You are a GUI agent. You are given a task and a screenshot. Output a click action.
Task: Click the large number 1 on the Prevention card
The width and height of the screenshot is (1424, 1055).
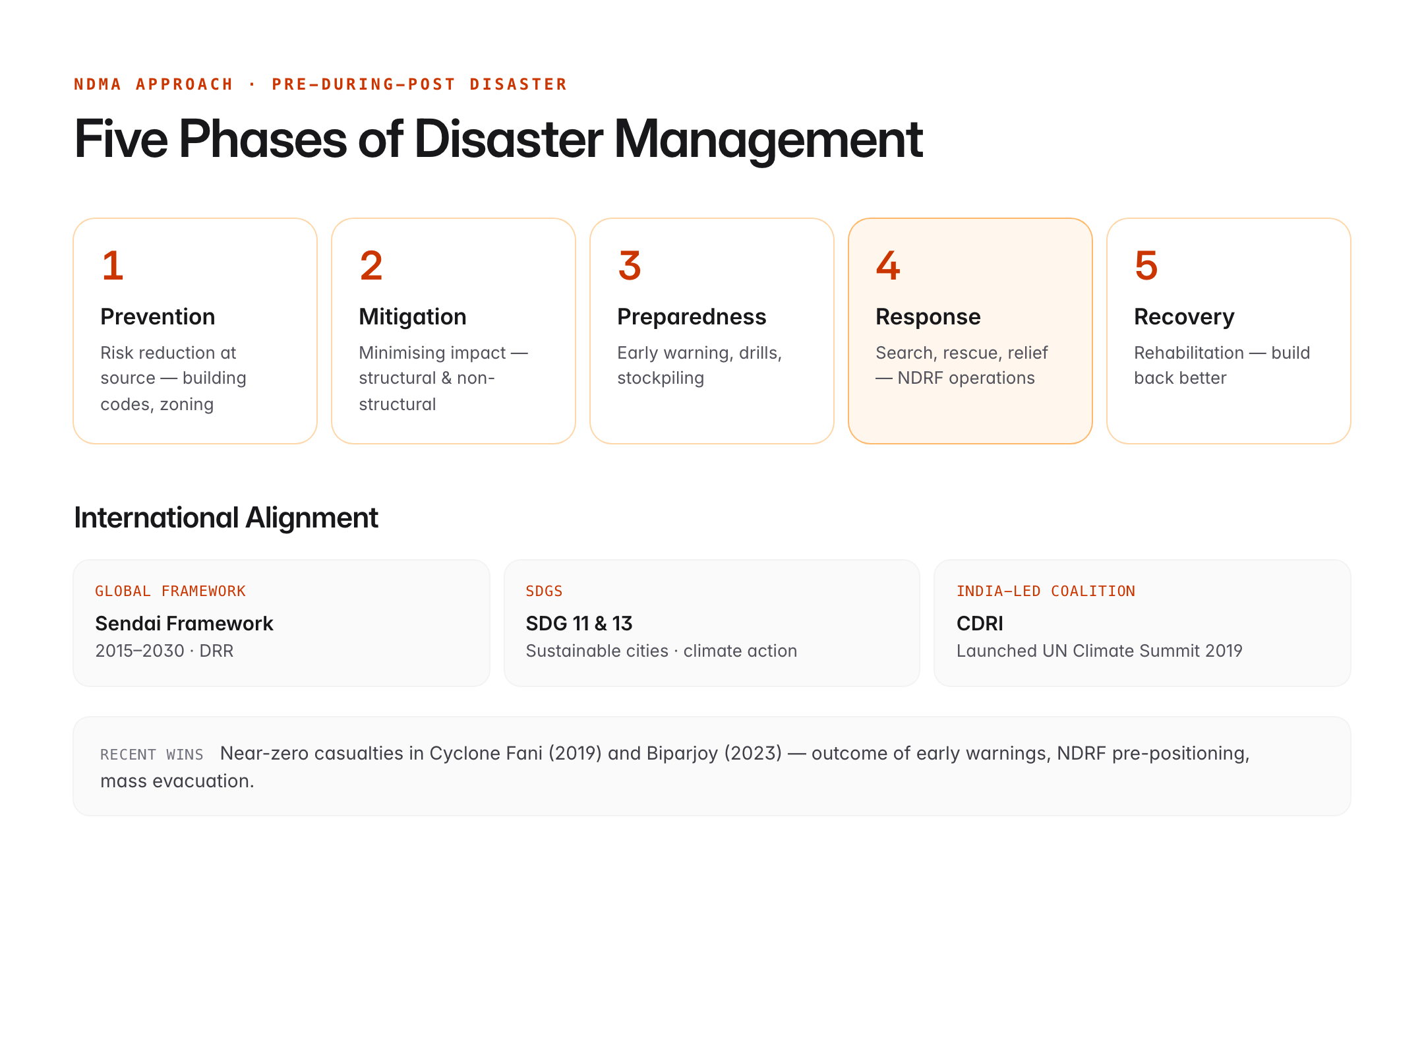point(113,266)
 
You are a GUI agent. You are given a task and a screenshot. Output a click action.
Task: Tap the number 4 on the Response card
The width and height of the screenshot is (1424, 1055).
point(888,266)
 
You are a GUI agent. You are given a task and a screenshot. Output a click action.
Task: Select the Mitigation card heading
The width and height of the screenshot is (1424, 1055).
point(412,317)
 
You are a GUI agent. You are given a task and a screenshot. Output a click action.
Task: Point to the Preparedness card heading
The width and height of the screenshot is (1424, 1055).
point(691,317)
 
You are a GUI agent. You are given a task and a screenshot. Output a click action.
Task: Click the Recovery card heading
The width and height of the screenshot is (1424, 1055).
point(1183,317)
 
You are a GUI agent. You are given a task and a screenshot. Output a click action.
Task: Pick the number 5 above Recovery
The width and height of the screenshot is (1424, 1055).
point(1146,266)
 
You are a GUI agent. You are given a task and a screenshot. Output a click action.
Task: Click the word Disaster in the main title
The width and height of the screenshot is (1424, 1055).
point(508,140)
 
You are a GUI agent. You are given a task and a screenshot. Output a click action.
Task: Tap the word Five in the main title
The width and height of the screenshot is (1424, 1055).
point(121,140)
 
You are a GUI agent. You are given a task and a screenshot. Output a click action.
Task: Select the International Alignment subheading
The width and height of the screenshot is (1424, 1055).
point(225,518)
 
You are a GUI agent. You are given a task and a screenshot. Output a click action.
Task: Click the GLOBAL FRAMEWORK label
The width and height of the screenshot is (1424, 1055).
point(170,591)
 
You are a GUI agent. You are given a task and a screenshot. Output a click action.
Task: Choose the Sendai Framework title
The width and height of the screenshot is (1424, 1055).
point(184,623)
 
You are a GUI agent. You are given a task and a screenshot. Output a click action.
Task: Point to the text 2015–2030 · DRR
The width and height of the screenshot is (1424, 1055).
point(164,651)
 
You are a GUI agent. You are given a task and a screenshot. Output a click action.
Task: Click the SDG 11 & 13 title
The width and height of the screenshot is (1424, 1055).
point(579,623)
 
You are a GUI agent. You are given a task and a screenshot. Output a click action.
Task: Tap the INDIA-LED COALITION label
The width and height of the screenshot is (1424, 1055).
point(1046,591)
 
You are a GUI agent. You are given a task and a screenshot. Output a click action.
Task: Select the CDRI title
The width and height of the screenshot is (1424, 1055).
point(980,623)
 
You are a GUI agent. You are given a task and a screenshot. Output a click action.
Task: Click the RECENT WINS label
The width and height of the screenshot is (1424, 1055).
point(152,754)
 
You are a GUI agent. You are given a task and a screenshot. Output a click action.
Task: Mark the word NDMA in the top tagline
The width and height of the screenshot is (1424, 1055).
point(98,84)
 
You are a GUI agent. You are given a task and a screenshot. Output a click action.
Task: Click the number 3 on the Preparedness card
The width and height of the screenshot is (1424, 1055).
point(630,266)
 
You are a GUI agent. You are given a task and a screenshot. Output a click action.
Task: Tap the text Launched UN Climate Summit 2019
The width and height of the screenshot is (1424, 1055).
point(1099,651)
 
